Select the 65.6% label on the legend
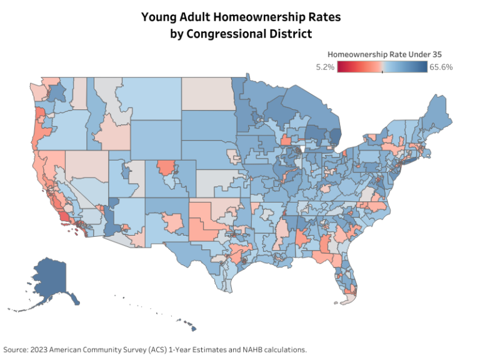click(x=441, y=67)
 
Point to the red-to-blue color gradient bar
click(x=382, y=67)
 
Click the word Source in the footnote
click(x=15, y=349)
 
